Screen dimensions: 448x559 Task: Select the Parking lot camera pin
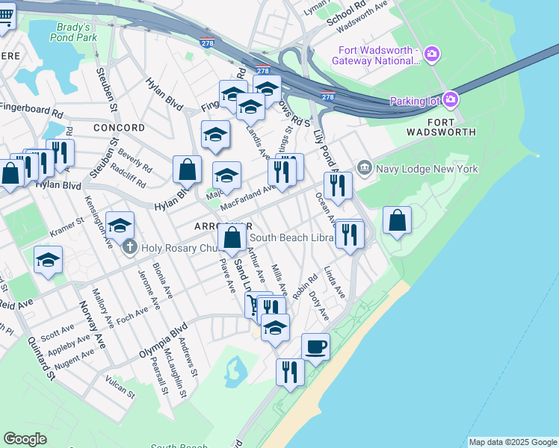(450, 99)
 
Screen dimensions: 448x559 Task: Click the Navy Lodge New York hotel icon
(364, 168)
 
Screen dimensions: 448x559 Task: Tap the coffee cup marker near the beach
(315, 346)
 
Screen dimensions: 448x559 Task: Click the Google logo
(25, 439)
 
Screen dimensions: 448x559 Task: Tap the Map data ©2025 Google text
(512, 442)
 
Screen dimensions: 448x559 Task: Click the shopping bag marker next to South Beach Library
(233, 239)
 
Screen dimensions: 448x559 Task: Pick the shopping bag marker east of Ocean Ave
(398, 220)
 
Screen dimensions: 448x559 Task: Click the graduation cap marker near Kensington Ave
(120, 225)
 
